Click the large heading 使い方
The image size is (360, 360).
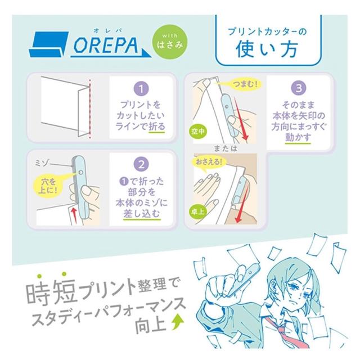click(x=267, y=49)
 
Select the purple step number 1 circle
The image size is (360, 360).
click(x=141, y=89)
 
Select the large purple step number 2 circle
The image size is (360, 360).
click(x=141, y=164)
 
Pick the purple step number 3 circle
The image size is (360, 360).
click(x=299, y=88)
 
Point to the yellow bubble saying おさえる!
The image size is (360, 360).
click(x=209, y=163)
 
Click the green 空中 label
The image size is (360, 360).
click(x=198, y=131)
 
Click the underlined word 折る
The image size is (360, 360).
click(x=156, y=127)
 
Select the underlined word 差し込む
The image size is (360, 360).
click(x=142, y=214)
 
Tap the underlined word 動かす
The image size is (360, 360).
click(x=298, y=138)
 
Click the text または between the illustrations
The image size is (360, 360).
click(x=225, y=148)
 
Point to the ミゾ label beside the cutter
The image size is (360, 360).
click(x=41, y=163)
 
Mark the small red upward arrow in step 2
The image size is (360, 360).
click(x=74, y=215)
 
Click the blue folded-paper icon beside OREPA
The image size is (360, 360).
click(x=49, y=44)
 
